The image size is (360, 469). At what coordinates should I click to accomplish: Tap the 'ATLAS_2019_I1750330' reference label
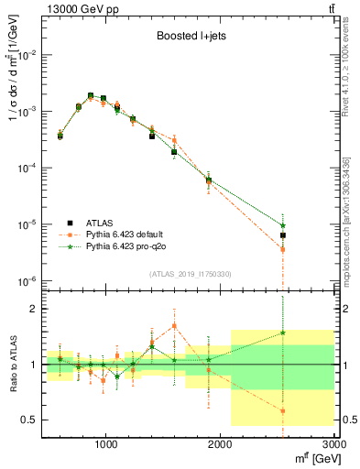[189, 274]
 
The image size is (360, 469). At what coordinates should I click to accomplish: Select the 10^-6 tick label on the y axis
[27, 281]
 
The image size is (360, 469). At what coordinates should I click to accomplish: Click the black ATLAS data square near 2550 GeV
[284, 235]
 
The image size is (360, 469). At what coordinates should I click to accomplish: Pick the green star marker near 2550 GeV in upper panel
[284, 225]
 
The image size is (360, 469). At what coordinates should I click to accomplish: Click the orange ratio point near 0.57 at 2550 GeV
[284, 411]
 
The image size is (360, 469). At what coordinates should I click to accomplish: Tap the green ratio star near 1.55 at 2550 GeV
[284, 333]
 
